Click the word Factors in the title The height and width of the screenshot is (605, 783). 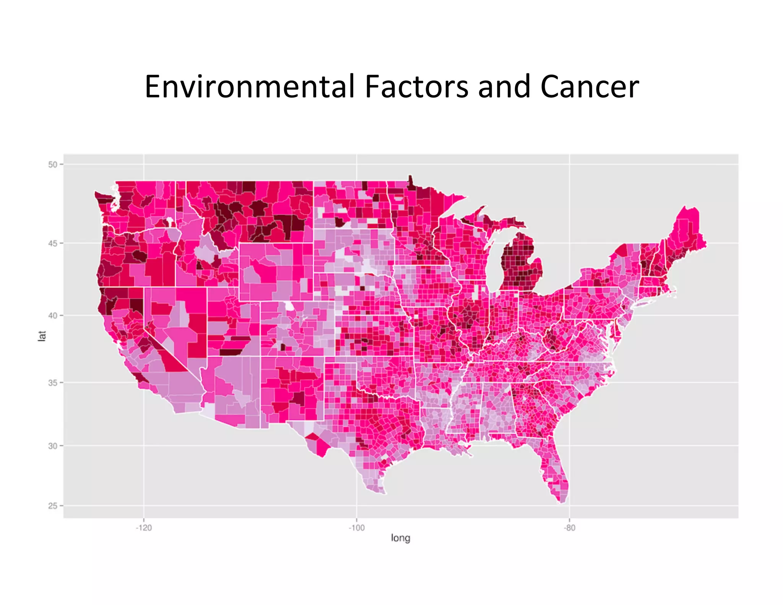tap(416, 87)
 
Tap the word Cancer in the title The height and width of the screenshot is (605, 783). tap(590, 87)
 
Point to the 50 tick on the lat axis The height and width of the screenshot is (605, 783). tap(53, 164)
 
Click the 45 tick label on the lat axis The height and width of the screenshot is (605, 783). tap(53, 243)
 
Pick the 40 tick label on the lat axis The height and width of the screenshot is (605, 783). tap(53, 316)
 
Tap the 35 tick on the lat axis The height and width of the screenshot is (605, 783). tap(53, 382)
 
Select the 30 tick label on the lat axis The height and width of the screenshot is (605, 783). tap(53, 446)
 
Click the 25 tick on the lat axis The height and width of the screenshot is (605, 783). tap(53, 506)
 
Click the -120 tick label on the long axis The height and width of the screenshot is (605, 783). tap(144, 528)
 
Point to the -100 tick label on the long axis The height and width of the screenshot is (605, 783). tap(356, 528)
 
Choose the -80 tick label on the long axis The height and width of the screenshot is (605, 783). tap(569, 528)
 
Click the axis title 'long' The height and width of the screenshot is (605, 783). tap(400, 538)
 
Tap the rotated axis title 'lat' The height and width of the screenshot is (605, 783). tap(42, 336)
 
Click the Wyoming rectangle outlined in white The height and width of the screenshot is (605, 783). tap(275, 272)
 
